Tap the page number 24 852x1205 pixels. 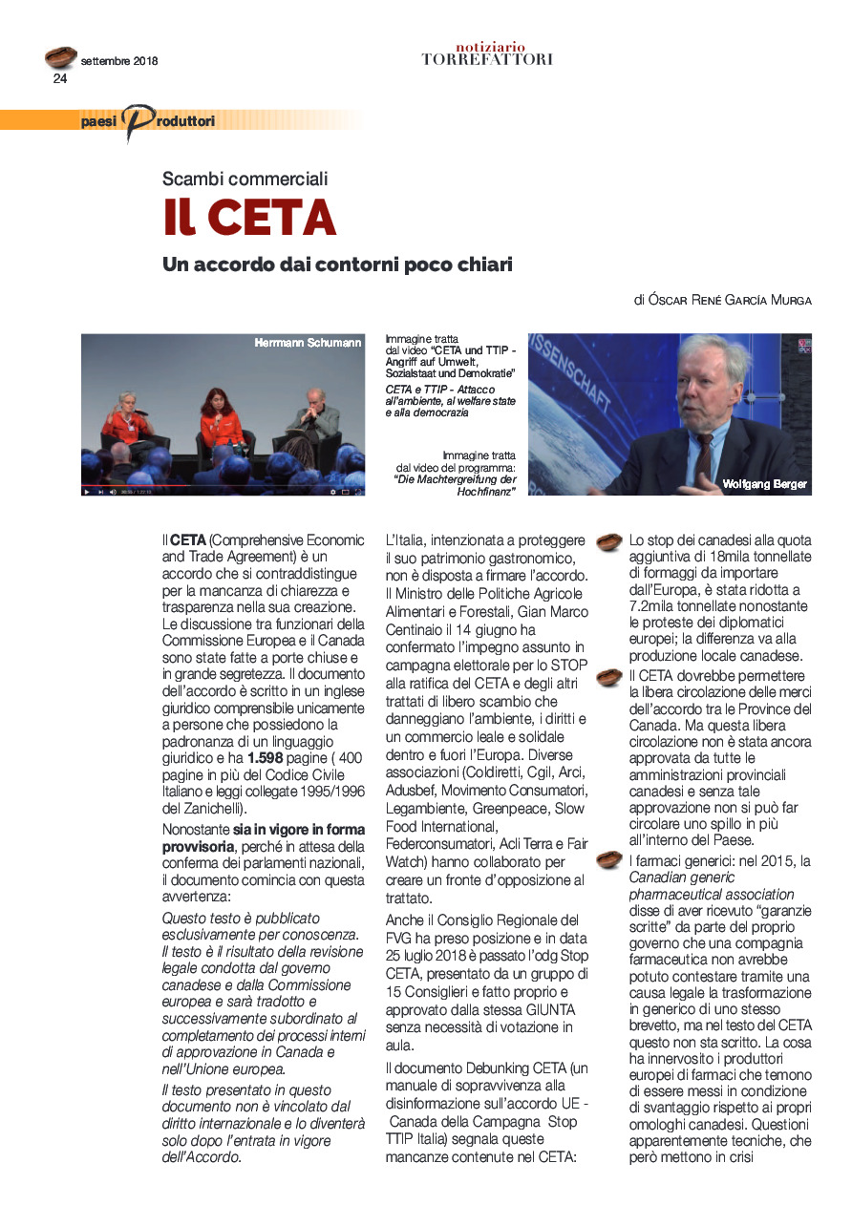click(60, 79)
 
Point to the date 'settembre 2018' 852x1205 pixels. click(119, 61)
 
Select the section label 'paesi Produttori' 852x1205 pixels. click(148, 120)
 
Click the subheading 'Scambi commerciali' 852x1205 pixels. click(245, 179)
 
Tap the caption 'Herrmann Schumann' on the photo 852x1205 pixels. click(309, 343)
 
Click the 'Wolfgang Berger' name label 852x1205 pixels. click(765, 484)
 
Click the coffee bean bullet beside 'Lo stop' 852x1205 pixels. click(608, 543)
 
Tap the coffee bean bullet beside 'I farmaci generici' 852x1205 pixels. click(608, 860)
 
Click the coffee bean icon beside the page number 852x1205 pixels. click(61, 57)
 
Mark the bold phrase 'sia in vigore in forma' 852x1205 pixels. click(299, 830)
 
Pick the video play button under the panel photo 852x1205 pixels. click(87, 492)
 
